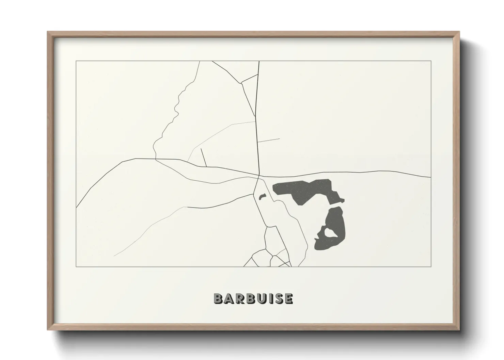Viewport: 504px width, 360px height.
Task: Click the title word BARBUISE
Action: pyautogui.click(x=253, y=298)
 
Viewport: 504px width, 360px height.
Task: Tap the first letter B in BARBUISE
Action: pyautogui.click(x=218, y=298)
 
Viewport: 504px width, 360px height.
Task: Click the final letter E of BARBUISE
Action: pyautogui.click(x=288, y=298)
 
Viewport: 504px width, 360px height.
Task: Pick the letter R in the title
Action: pyautogui.click(x=238, y=298)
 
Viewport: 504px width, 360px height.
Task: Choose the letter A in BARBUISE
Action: pyautogui.click(x=227, y=298)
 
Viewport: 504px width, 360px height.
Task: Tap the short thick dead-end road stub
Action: pyautogui.click(x=204, y=158)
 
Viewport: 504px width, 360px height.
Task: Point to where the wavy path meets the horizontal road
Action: pyautogui.click(x=156, y=159)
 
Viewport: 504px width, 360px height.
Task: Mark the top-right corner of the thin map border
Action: pyautogui.click(x=431, y=61)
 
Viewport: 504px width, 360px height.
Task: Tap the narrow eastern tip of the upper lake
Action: pyautogui.click(x=342, y=200)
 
